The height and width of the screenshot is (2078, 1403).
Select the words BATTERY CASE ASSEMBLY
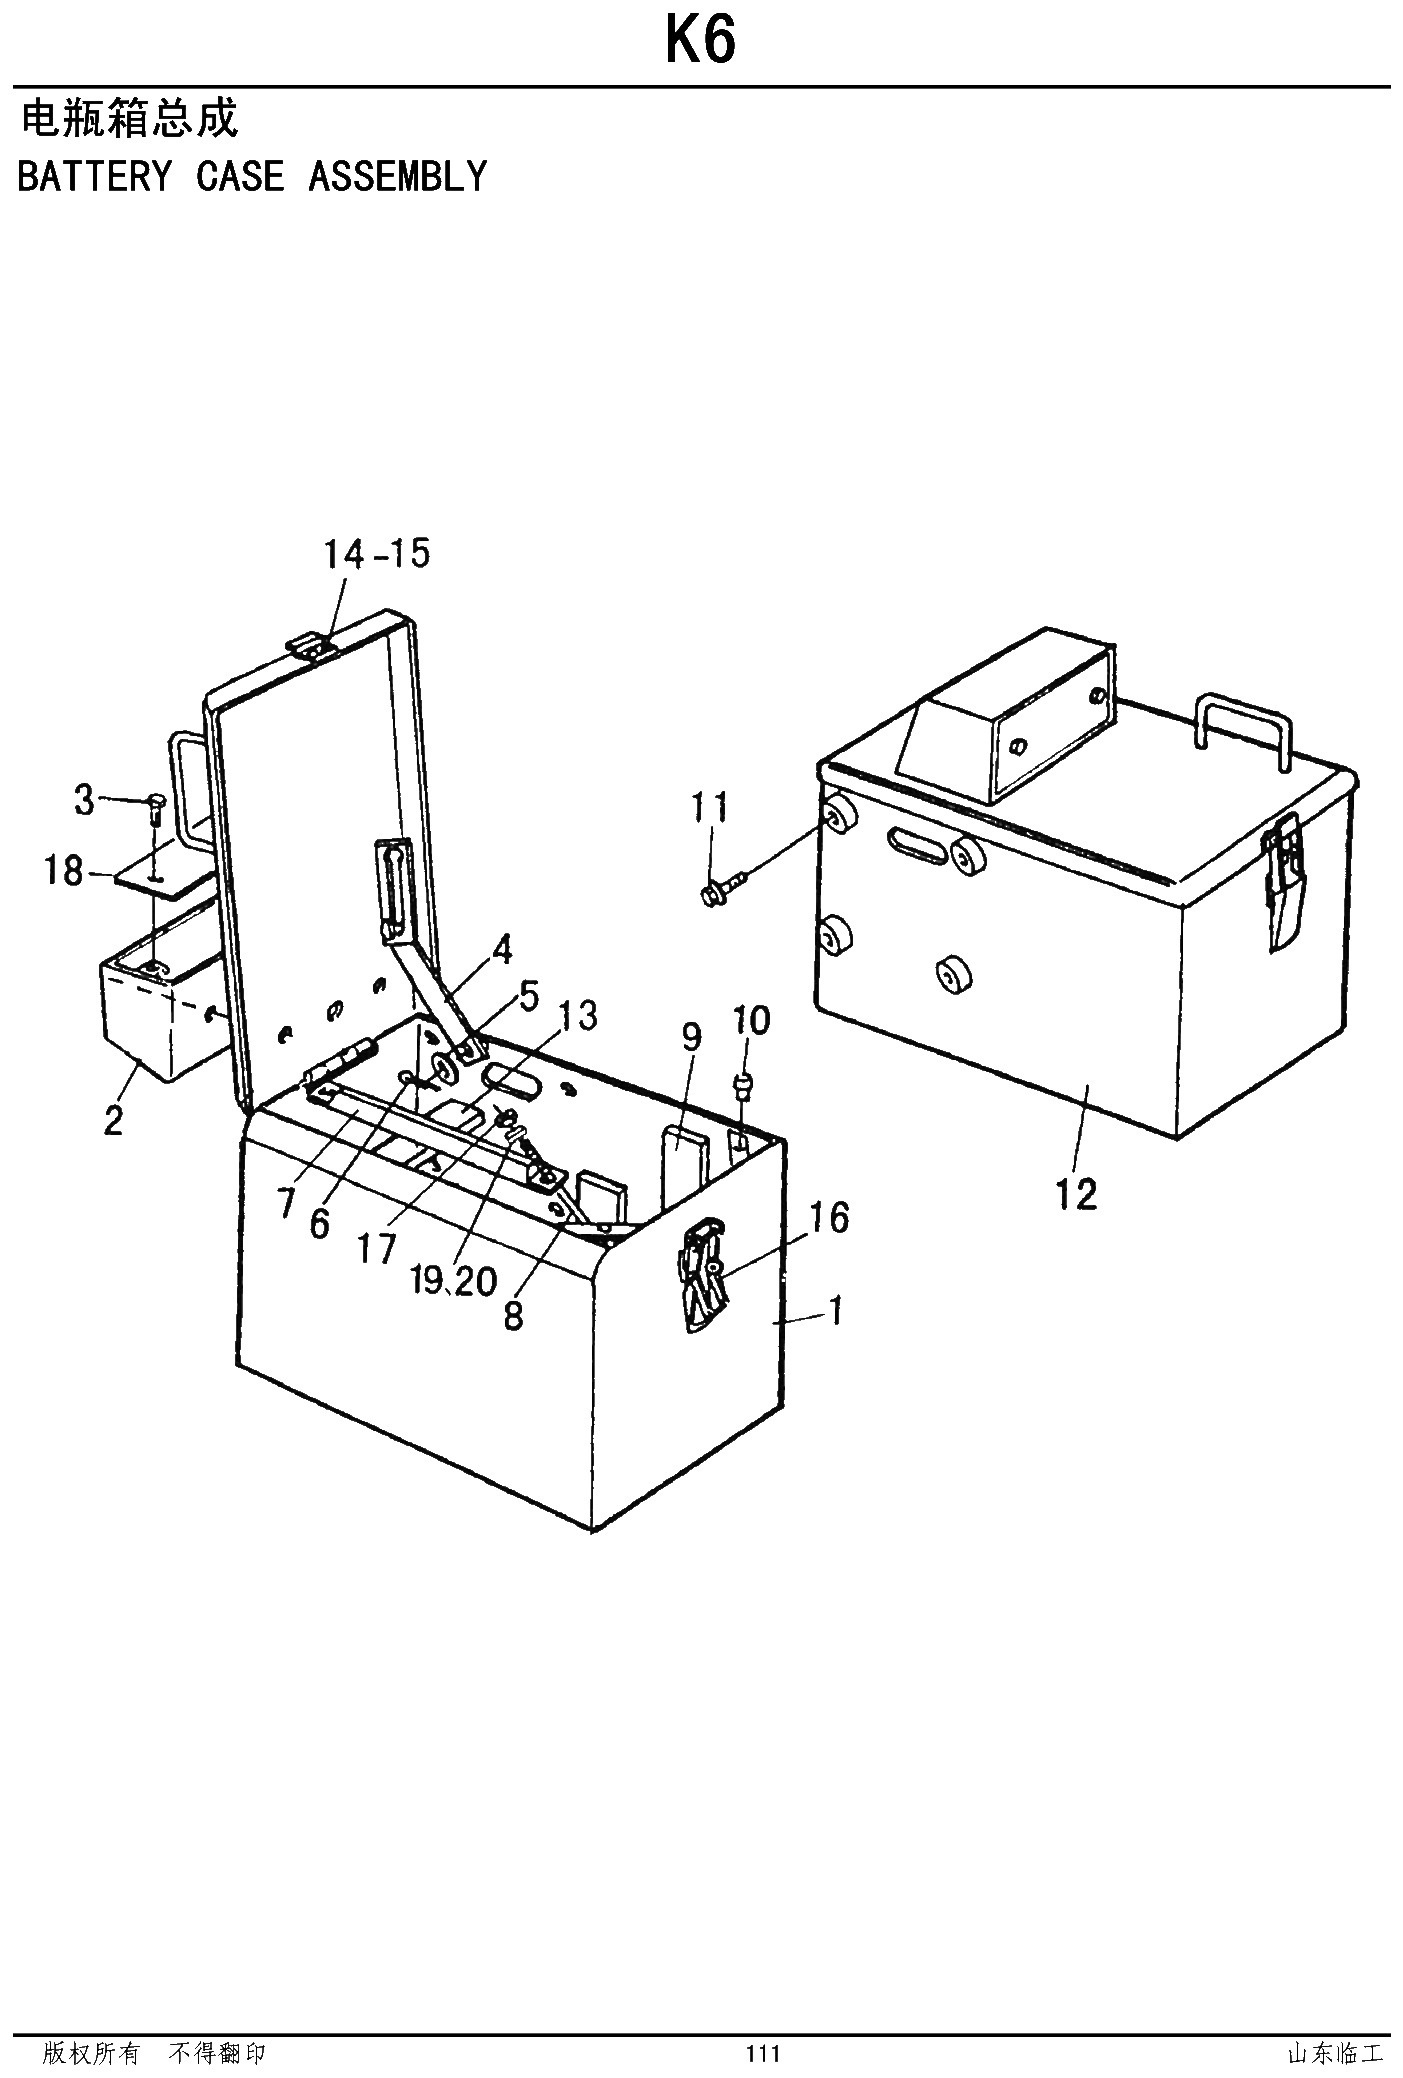[252, 177]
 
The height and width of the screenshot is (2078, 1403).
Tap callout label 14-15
[376, 553]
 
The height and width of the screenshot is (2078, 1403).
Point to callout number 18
[63, 871]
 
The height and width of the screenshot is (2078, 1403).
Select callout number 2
[114, 1120]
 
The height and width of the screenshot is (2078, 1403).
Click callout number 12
[1076, 1194]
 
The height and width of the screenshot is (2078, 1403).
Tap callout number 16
[830, 1217]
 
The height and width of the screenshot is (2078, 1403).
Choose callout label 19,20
[454, 1280]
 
